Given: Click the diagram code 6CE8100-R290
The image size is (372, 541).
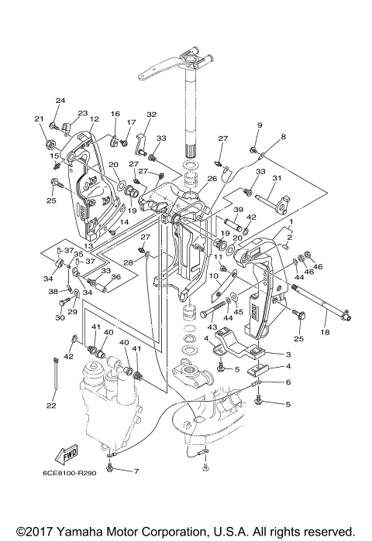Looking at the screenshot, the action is [69, 473].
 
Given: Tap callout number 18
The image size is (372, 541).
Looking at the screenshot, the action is [325, 332].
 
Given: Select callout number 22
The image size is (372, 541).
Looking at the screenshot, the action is [51, 406].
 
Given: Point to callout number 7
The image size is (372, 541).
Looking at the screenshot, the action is [136, 471].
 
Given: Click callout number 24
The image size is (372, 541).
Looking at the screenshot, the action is [60, 101].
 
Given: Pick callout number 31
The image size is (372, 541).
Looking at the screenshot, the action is [277, 178].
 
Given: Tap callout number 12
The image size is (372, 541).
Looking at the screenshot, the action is [95, 118].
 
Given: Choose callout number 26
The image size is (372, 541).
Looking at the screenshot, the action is [212, 178].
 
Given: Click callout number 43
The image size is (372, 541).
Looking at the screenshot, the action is [212, 327].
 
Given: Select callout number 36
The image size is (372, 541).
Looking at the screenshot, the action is [116, 276].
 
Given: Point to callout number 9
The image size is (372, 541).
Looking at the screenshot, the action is [260, 125].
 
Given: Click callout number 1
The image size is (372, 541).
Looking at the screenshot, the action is [291, 221].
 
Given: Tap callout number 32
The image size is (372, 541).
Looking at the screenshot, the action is [152, 115].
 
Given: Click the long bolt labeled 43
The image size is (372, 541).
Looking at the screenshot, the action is [212, 310].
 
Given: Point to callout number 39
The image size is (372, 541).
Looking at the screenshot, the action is [238, 210].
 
